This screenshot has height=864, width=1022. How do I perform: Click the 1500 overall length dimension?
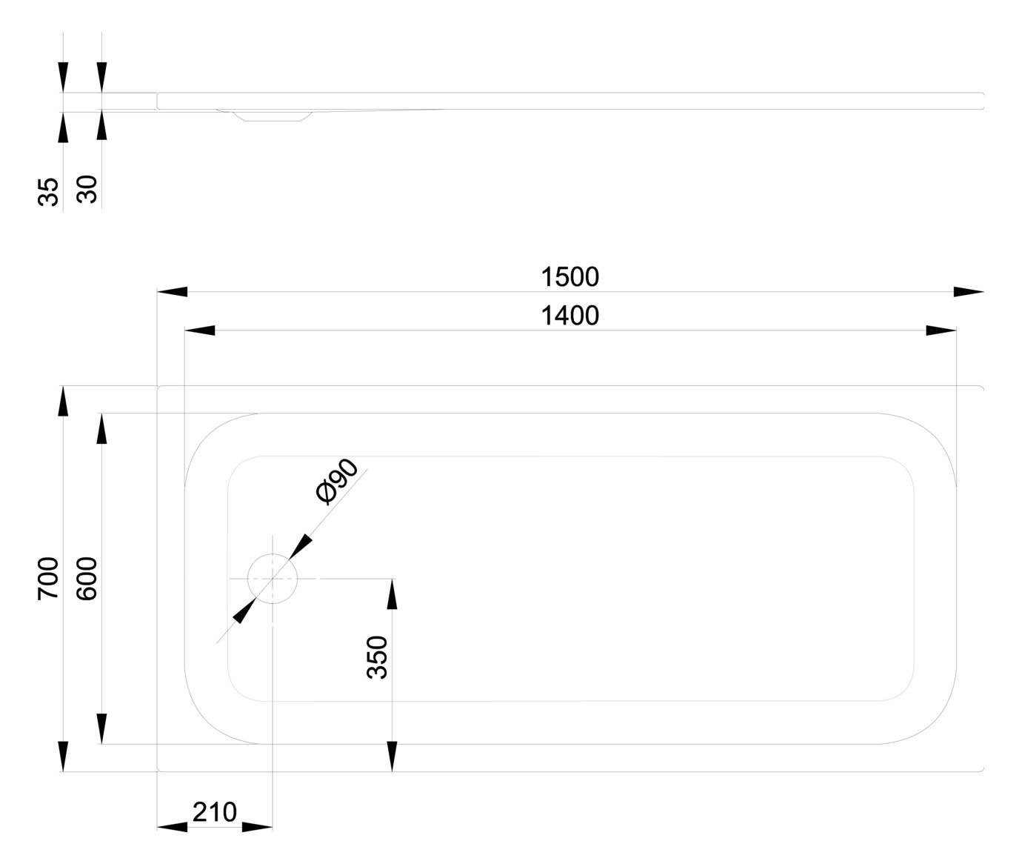pos(570,277)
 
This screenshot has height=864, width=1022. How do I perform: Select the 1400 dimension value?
pos(570,316)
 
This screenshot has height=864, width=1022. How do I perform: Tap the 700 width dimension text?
pos(48,578)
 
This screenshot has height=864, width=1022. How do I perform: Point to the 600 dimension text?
pos(87,578)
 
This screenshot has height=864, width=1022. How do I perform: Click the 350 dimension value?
pos(378,657)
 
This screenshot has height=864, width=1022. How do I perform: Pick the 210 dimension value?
pos(215,812)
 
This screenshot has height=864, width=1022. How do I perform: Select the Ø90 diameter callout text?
pos(337,482)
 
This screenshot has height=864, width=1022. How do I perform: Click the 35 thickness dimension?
pos(48,192)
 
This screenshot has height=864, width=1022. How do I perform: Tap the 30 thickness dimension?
pos(87,189)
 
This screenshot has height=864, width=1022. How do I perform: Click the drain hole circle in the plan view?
pos(273,578)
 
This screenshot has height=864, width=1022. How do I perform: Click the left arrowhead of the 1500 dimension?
pos(172,292)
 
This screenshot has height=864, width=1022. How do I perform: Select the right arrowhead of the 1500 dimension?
pos(969,292)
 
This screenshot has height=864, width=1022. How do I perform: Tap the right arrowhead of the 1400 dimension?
pos(941,330)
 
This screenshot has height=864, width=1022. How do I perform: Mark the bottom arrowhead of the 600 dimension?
pos(102,729)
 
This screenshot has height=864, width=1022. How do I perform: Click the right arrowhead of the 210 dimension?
pos(258,827)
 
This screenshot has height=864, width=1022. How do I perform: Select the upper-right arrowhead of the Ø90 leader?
pos(301,547)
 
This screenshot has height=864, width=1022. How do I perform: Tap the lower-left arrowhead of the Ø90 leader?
pos(244,611)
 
